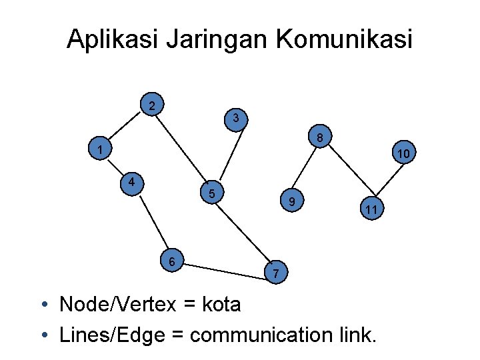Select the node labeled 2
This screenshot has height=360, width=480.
point(153,105)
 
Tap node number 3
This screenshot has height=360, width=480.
point(236,119)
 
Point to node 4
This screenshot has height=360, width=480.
point(133,182)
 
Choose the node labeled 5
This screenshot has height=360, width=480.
point(211,194)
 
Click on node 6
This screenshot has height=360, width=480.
point(172,261)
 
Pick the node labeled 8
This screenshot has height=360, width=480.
point(320,139)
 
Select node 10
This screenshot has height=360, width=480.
point(403,154)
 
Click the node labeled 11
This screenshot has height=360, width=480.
point(371,210)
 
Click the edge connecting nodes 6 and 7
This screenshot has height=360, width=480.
point(224,267)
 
